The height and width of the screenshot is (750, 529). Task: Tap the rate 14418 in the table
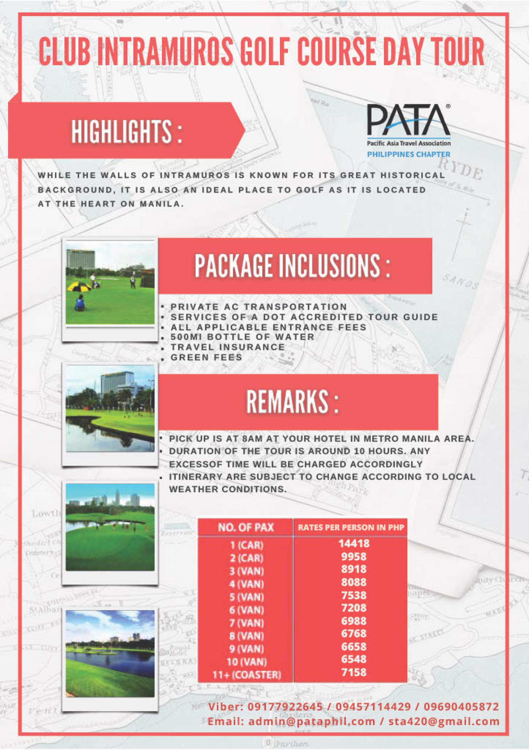tap(353, 543)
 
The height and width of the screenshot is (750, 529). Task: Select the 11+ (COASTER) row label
tap(247, 675)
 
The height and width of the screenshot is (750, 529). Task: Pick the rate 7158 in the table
tap(353, 672)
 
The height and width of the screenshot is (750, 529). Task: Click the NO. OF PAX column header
tap(246, 527)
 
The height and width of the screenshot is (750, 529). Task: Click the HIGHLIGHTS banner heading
tap(127, 131)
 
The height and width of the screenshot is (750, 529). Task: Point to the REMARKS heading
tap(292, 402)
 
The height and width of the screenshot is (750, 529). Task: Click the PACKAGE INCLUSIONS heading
tap(292, 266)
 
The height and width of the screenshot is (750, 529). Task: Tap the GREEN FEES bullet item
tap(206, 357)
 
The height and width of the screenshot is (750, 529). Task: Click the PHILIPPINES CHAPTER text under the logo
tap(408, 154)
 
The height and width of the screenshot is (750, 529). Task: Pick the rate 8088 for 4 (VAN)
tap(353, 582)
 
